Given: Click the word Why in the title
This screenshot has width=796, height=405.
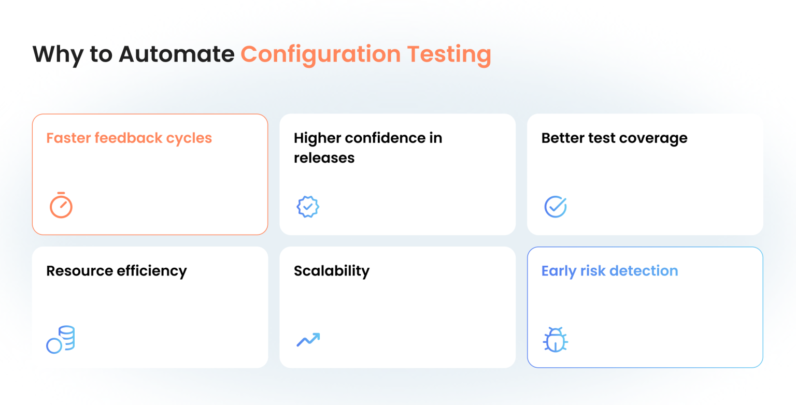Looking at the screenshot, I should pyautogui.click(x=56, y=54).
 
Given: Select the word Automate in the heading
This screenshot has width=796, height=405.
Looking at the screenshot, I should pyautogui.click(x=177, y=54).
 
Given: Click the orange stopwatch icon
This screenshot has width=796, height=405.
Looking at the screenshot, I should pyautogui.click(x=61, y=205).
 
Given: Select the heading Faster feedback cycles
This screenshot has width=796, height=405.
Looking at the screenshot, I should pyautogui.click(x=129, y=138).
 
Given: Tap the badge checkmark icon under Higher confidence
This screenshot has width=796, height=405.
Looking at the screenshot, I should pyautogui.click(x=308, y=206).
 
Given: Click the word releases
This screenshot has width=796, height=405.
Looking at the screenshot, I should pyautogui.click(x=324, y=157).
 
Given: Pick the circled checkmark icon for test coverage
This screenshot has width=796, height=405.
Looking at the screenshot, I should pyautogui.click(x=556, y=206).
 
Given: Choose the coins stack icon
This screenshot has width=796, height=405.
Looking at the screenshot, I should pyautogui.click(x=61, y=340).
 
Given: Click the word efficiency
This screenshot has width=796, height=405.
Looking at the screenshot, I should pyautogui.click(x=153, y=271).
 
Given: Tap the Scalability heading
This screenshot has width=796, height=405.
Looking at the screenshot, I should pyautogui.click(x=332, y=271).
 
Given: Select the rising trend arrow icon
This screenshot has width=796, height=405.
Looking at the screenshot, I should pyautogui.click(x=308, y=340).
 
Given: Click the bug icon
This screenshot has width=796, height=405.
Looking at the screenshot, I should pyautogui.click(x=556, y=340).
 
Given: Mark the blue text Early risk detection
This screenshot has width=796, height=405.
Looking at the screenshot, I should pyautogui.click(x=609, y=271).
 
